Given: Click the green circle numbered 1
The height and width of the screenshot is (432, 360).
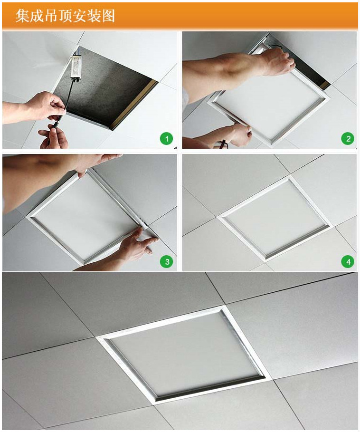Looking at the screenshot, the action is tap(167, 139).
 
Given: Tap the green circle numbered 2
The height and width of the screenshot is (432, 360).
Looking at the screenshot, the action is tap(348, 139).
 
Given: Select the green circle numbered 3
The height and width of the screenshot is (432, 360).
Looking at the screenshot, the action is tap(167, 261).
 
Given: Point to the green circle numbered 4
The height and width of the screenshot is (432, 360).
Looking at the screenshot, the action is tap(348, 261).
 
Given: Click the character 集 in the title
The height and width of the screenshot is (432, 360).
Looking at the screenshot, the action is tap(22, 16).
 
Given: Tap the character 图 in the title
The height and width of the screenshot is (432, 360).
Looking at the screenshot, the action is tap(108, 16).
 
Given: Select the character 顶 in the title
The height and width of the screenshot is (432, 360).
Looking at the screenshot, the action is tap(65, 16).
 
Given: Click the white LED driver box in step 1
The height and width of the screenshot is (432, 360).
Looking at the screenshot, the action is tap(76, 67).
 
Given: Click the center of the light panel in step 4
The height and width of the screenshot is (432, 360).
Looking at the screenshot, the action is tap(274, 218).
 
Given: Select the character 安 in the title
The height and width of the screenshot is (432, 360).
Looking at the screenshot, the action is tap(79, 16).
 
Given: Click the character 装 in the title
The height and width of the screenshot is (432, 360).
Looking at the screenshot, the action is tap(94, 16).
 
